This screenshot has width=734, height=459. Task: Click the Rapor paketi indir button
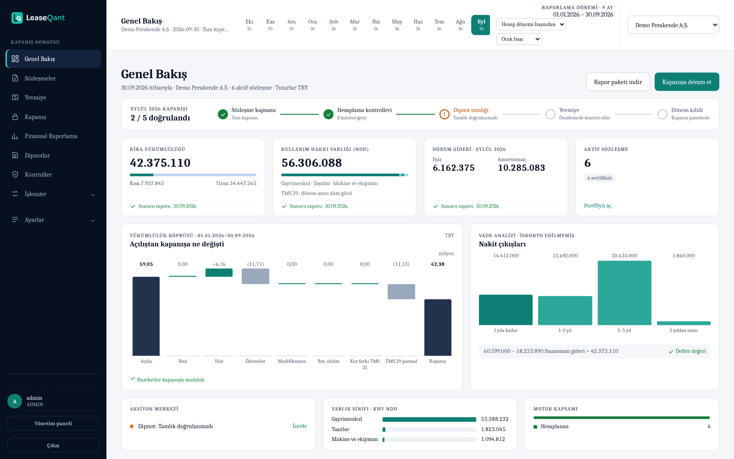(x=618, y=82)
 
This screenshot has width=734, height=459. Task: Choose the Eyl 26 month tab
(x=481, y=25)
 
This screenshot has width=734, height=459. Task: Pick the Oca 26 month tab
(x=312, y=25)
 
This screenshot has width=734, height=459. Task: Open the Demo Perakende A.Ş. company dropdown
(x=673, y=25)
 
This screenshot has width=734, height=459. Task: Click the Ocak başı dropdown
(x=519, y=39)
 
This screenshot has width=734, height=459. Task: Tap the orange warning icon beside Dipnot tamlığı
(x=444, y=114)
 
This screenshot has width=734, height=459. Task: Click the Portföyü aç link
(x=597, y=206)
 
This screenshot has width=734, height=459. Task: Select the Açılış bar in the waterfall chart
(x=146, y=316)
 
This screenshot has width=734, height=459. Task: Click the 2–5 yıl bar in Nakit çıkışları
(x=624, y=293)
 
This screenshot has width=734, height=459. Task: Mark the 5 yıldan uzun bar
(x=684, y=323)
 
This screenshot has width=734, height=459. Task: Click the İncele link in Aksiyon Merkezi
(x=299, y=426)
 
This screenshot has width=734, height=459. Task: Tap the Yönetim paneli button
(x=53, y=423)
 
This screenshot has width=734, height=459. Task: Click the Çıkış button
(x=53, y=445)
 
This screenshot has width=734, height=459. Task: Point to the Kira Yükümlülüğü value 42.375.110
(x=160, y=163)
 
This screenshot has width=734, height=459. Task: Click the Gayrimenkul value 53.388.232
(x=495, y=419)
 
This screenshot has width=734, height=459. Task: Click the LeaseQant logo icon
(x=17, y=18)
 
